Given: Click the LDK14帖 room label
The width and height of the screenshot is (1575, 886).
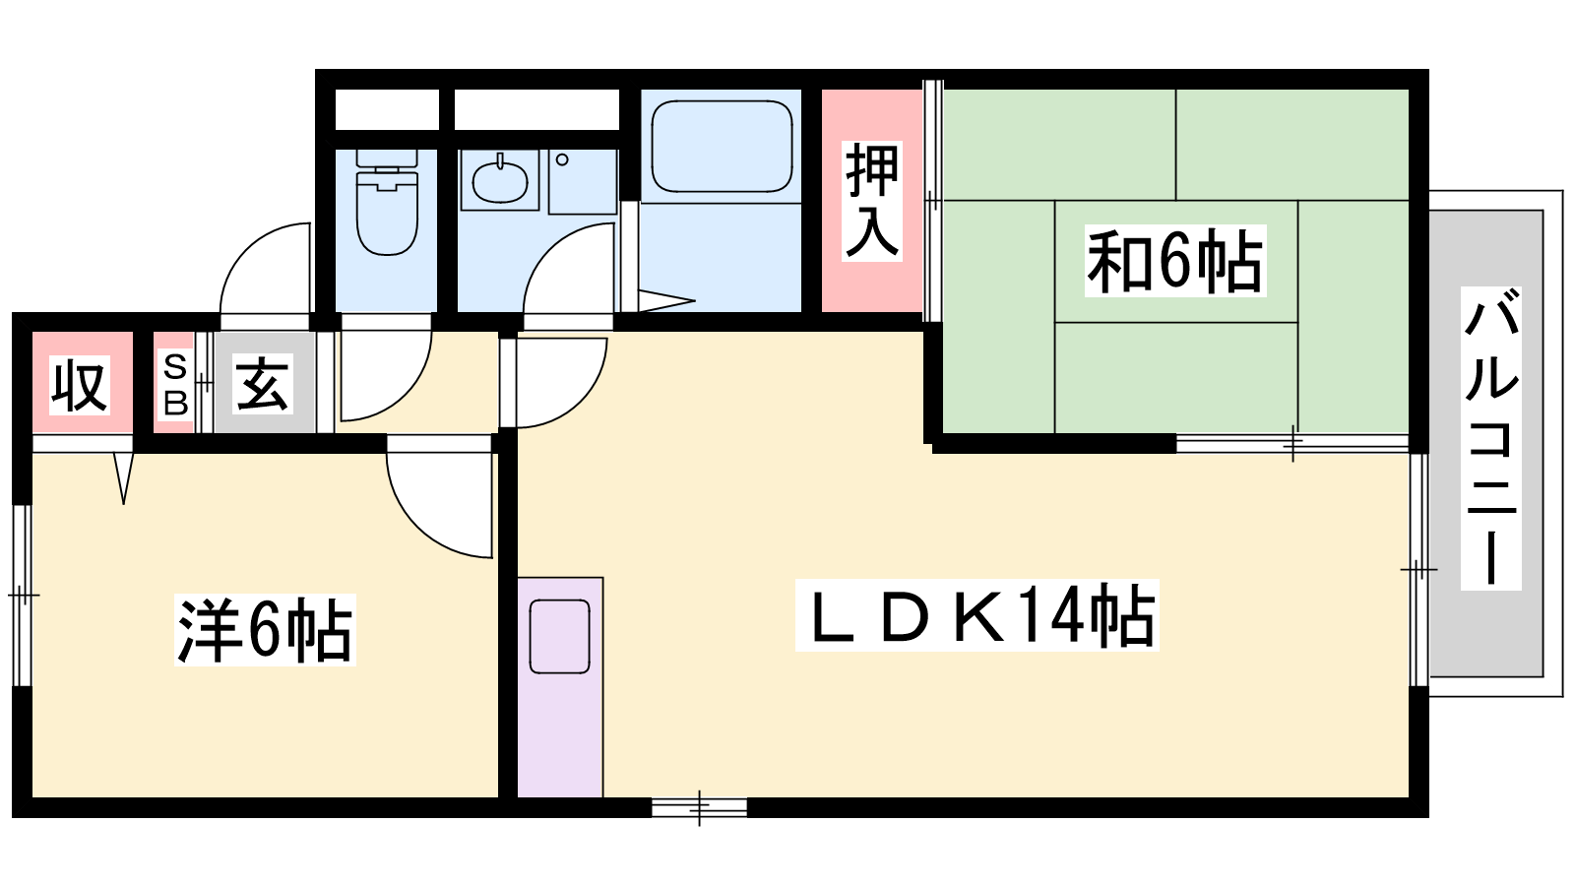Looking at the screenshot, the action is [977, 615].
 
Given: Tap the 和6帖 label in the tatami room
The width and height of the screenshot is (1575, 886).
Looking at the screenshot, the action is [1175, 261].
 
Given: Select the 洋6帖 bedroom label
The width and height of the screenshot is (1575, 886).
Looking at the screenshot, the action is [265, 629].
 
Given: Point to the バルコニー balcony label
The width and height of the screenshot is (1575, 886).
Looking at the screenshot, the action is [1490, 438].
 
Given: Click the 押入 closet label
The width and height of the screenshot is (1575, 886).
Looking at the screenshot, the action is [872, 201].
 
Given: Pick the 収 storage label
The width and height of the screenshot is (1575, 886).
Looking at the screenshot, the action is [80, 385].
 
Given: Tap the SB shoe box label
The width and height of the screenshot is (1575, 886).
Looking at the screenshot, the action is [175, 385].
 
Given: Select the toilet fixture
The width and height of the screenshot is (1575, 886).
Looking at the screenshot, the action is [387, 203].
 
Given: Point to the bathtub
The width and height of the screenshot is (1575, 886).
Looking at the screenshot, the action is [723, 147].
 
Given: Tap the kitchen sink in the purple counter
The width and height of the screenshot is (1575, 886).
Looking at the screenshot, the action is [560, 636].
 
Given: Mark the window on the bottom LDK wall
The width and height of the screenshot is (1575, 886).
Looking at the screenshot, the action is [699, 807].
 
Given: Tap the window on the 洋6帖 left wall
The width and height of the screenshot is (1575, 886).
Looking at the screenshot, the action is [23, 595].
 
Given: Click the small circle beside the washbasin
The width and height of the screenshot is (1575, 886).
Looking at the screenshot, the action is [562, 159].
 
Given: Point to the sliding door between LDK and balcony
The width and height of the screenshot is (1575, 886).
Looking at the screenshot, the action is [1418, 569].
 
